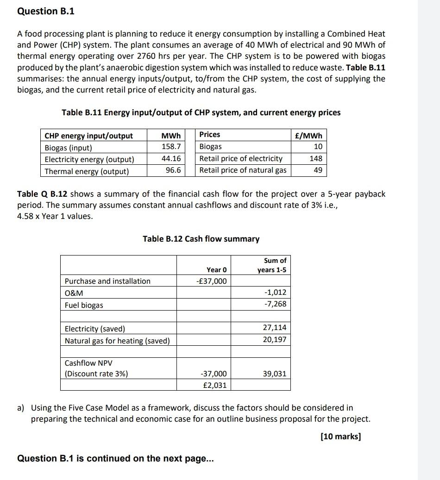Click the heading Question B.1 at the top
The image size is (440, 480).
(45, 11)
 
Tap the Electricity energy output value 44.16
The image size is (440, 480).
(171, 159)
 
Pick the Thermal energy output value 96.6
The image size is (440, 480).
(173, 171)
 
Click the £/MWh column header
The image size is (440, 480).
(311, 135)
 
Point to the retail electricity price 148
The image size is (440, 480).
(315, 158)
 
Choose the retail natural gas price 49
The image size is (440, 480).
(317, 170)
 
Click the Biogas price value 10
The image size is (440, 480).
(317, 147)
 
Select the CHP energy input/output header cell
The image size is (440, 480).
(88, 136)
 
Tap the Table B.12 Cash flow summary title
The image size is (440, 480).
(201, 239)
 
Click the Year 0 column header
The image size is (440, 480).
(216, 269)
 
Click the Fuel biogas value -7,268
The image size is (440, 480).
(275, 304)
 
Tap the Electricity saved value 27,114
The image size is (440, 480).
(274, 327)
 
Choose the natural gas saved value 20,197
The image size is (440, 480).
(274, 339)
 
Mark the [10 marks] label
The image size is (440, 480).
(340, 436)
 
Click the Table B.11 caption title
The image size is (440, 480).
(201, 112)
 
